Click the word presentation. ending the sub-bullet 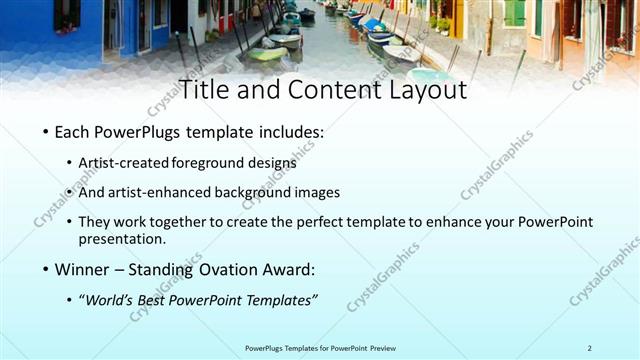(x=122, y=239)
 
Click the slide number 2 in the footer (x=590, y=347)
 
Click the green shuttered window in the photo (x=514, y=13)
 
